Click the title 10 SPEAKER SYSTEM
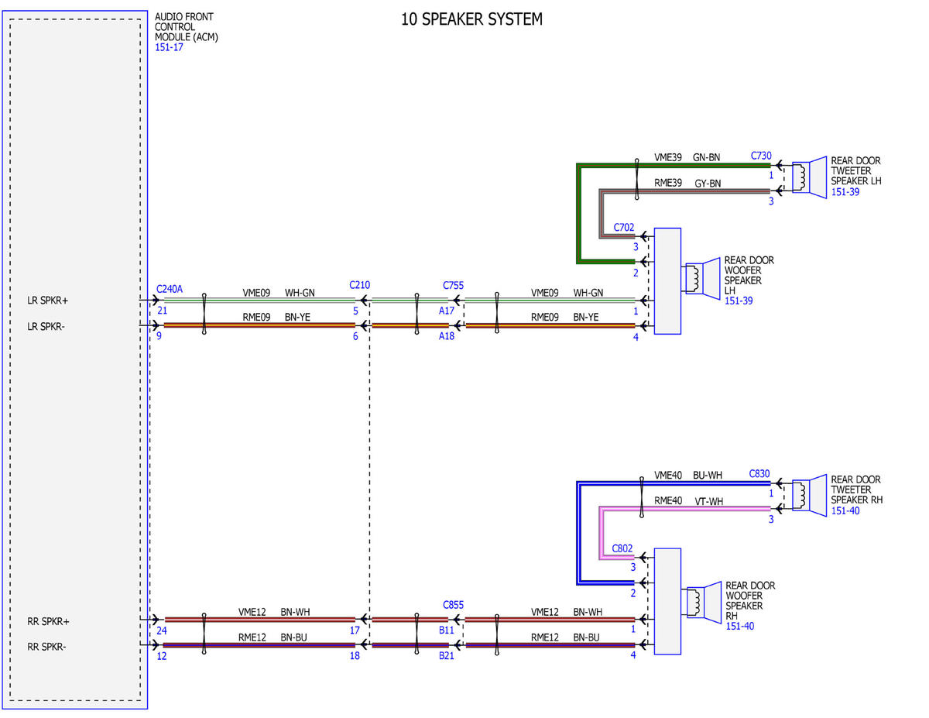471,19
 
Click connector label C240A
170,289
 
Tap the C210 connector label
359,285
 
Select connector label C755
453,285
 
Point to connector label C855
453,605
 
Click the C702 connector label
623,227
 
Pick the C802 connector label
622,548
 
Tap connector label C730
761,156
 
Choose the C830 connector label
759,473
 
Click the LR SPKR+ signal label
47,301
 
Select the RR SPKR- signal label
46,647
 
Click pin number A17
447,311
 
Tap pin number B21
447,655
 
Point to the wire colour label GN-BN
706,157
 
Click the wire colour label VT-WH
709,501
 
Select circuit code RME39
668,183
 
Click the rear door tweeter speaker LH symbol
809,177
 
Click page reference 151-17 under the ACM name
169,47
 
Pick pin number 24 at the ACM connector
162,630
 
